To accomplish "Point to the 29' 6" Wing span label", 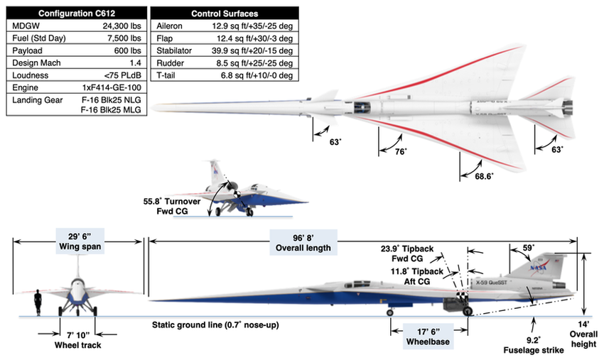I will (x=79, y=243).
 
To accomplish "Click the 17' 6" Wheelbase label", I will (x=429, y=335).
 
